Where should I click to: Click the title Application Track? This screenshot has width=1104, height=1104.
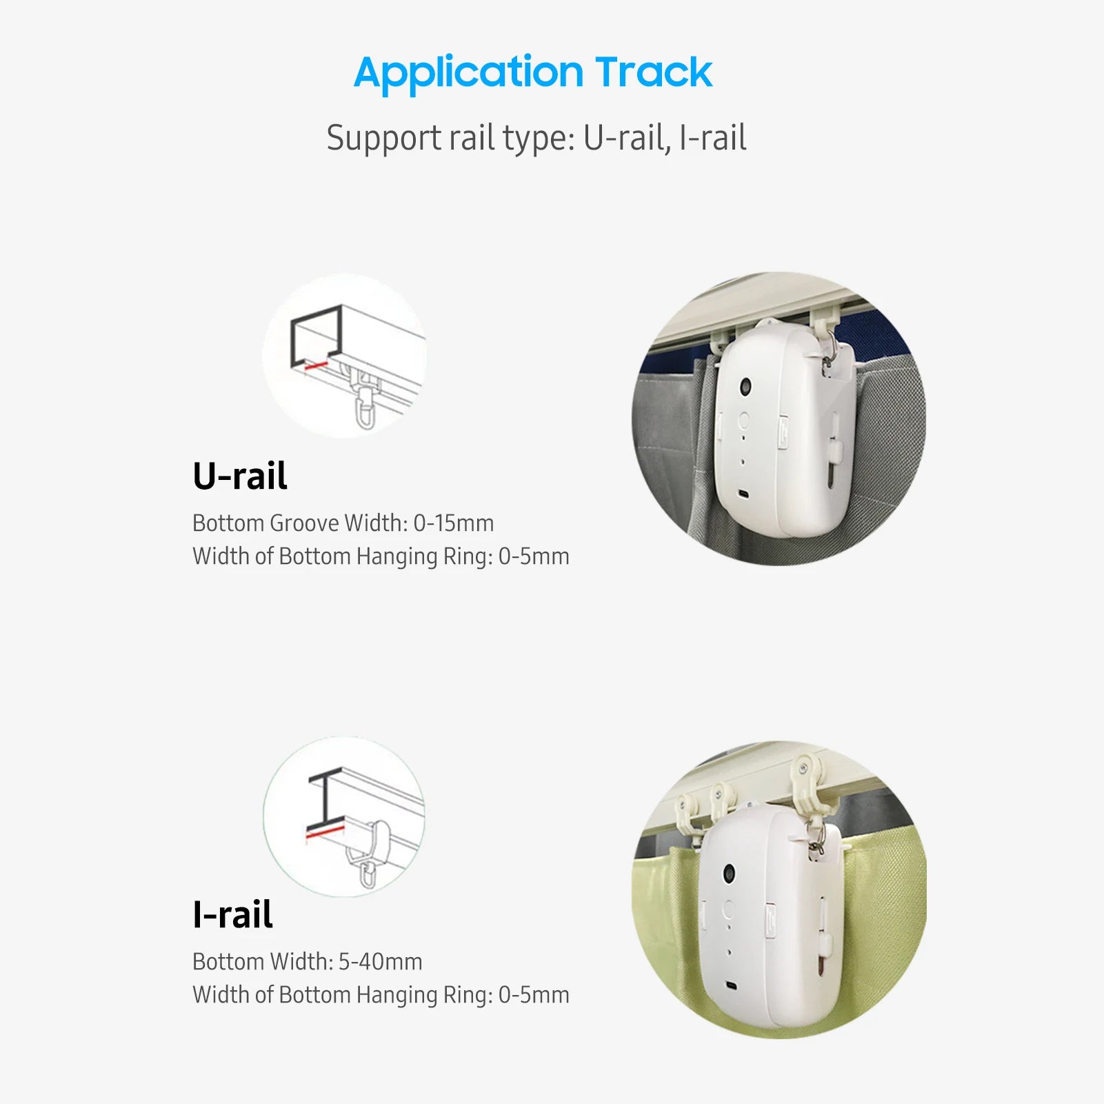pos(532,73)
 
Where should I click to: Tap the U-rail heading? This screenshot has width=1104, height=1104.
pos(239,476)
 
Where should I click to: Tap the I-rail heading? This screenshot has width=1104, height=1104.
pos(232,914)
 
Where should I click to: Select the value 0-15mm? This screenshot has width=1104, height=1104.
pos(453,523)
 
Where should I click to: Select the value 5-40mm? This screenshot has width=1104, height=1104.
pos(380,962)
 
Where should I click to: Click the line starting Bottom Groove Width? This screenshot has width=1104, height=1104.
pos(343,523)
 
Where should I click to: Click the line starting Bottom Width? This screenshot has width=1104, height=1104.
pos(307,962)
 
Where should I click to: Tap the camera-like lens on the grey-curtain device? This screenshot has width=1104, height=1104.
pos(747,388)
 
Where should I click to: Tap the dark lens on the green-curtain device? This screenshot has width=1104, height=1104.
pos(729,874)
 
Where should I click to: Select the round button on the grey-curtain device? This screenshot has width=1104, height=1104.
pos(743,420)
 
